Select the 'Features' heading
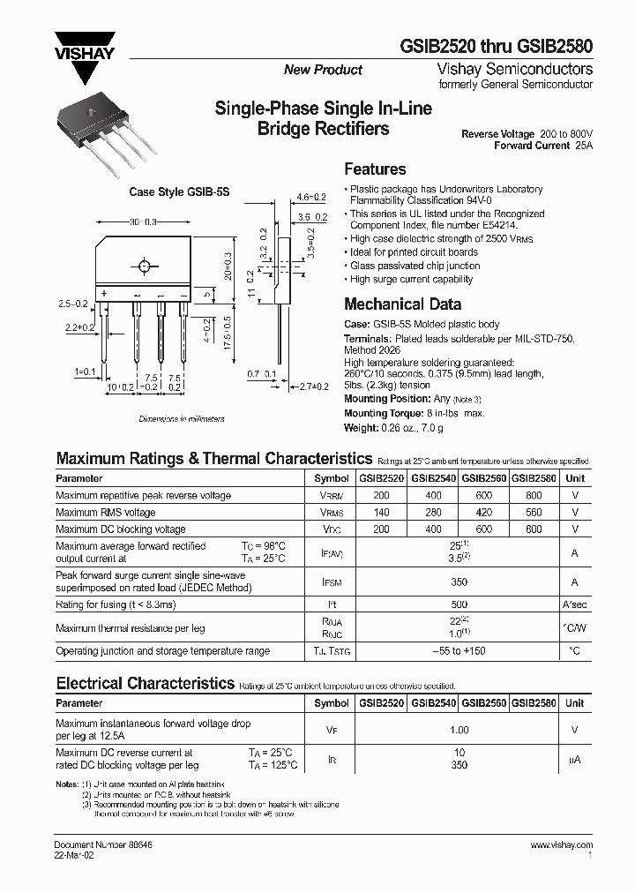click(x=375, y=169)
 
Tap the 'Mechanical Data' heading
click(x=402, y=304)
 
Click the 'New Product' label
click(x=323, y=70)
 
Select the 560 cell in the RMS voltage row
click(x=534, y=513)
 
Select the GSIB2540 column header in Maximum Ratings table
click(x=432, y=478)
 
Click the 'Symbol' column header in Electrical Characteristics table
click(x=332, y=703)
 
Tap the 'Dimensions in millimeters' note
click(x=181, y=420)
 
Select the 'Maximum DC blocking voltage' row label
click(x=121, y=529)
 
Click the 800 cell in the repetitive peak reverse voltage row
click(x=534, y=496)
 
